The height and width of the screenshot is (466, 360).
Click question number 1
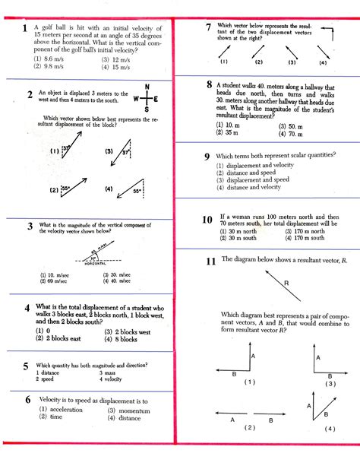point(26,28)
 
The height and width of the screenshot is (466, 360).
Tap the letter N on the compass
point(146,86)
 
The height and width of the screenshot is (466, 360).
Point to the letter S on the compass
point(146,109)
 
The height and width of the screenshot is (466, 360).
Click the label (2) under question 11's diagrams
point(250,428)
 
